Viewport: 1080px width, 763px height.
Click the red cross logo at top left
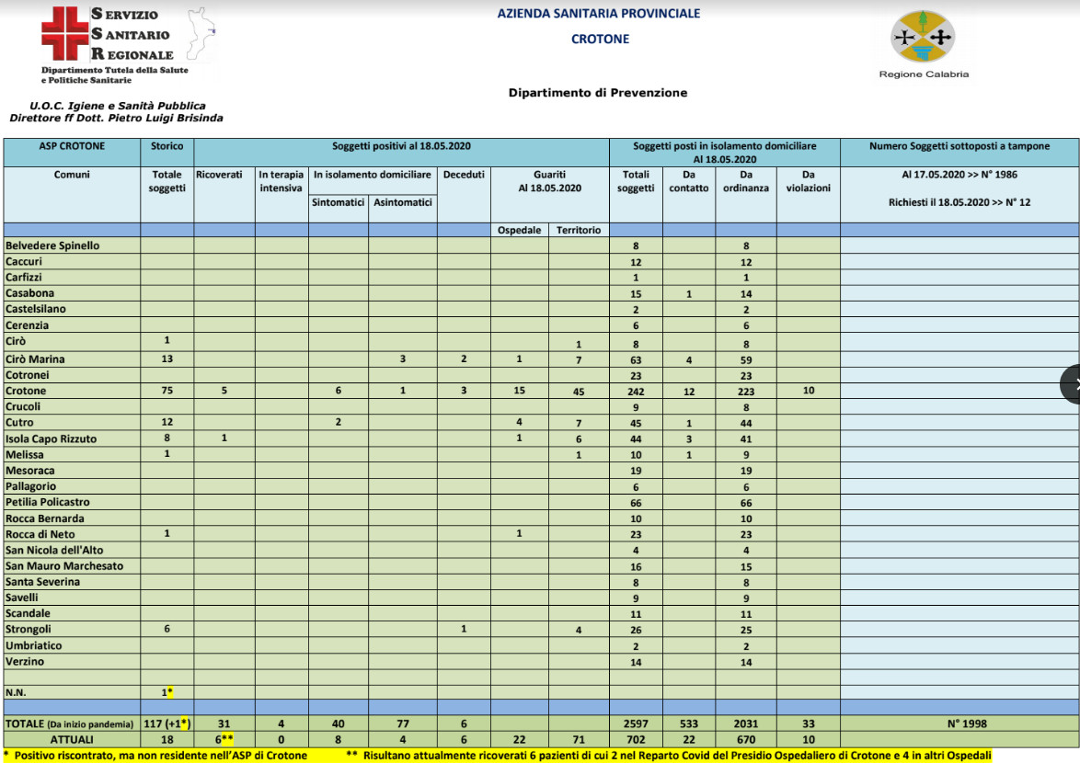[63, 34]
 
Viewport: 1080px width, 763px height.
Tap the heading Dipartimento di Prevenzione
[597, 93]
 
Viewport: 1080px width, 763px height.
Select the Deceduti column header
[463, 174]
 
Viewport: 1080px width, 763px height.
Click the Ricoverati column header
[219, 174]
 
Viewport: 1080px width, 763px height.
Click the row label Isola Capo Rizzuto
[51, 438]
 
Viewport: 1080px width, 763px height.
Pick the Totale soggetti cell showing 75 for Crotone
[167, 391]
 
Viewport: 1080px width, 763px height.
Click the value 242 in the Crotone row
[636, 391]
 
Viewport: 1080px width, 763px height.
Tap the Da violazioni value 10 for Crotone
[808, 391]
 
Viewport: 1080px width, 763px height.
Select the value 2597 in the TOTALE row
[636, 723]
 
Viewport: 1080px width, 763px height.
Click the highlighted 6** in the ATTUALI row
[224, 739]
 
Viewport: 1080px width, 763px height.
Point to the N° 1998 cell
[959, 723]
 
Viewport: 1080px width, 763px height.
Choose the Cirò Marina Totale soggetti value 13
[167, 359]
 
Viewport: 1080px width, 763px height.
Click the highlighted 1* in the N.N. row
[167, 691]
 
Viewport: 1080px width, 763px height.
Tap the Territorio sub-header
[579, 230]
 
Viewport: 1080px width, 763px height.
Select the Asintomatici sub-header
[402, 202]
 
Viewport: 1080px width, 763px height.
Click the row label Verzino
[25, 661]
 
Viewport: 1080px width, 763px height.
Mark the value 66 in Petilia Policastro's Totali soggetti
[636, 502]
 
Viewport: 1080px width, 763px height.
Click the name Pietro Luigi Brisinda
[165, 118]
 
